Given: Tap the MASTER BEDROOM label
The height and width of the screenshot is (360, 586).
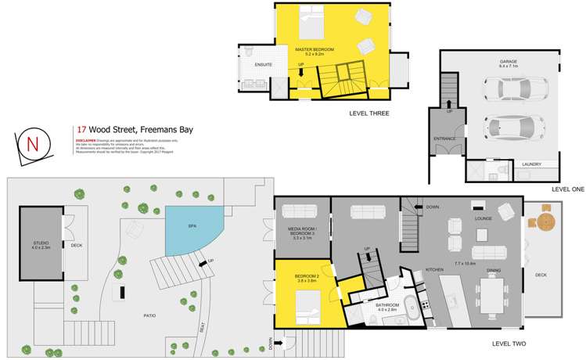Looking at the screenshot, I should (x=315, y=49).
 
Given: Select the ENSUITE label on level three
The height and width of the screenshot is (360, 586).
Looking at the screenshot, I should (x=263, y=63).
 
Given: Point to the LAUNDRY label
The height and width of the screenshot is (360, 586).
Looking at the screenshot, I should (x=531, y=164).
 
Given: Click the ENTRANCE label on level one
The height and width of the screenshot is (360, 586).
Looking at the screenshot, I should (x=444, y=139).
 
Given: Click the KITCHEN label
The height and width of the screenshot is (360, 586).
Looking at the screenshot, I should (x=435, y=270).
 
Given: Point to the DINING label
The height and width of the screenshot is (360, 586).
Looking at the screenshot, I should (x=494, y=270).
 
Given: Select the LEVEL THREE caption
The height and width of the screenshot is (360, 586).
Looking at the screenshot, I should (x=369, y=113).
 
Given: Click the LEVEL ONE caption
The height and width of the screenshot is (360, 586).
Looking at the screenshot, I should (x=567, y=189).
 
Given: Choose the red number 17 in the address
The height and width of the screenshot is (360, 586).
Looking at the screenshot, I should (x=81, y=130).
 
